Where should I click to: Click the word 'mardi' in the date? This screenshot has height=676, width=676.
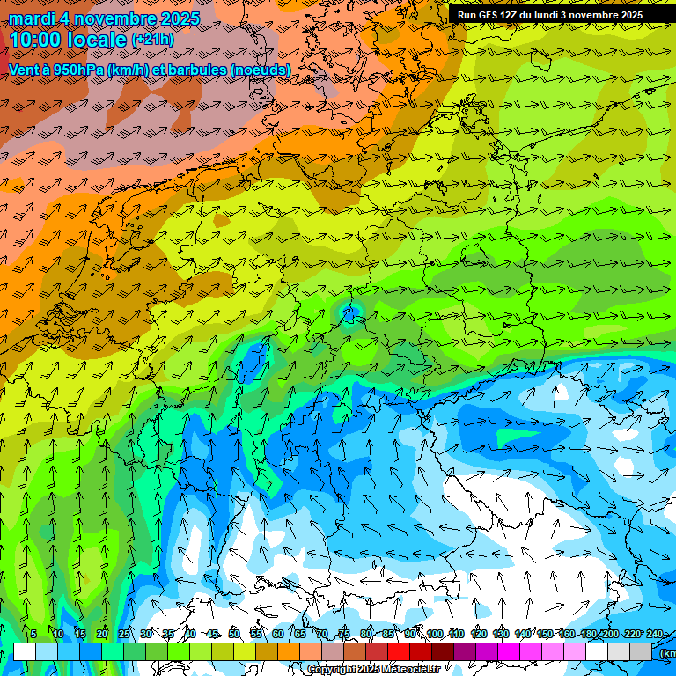30,18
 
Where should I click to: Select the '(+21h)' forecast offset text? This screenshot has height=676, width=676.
152,40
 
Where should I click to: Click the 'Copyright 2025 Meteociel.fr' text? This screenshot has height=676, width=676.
373,670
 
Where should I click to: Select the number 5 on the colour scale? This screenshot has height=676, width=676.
33,635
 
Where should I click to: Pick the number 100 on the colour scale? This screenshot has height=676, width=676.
434,635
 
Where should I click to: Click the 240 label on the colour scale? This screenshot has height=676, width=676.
655,635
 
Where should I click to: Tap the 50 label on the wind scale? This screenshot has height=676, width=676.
234,635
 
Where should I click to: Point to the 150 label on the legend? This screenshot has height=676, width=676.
545,635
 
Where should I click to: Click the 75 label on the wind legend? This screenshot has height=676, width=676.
344,635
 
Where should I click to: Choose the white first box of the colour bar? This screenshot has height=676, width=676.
25,651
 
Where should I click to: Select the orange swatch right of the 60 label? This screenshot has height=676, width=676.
289,651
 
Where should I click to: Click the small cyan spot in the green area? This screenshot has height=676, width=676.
350,311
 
